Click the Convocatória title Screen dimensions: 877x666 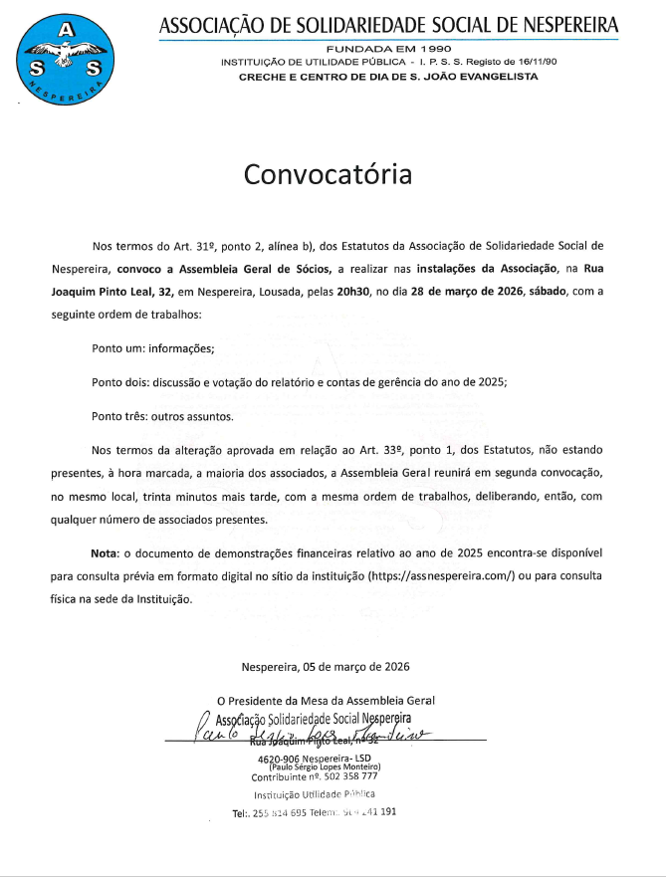[328, 175]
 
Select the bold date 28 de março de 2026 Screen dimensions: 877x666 [474, 292]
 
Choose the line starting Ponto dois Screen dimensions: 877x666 [299, 382]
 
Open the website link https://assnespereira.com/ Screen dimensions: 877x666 [441, 576]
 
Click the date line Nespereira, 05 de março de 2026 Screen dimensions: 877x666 [326, 667]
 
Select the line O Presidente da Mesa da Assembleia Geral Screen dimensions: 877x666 [326, 701]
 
